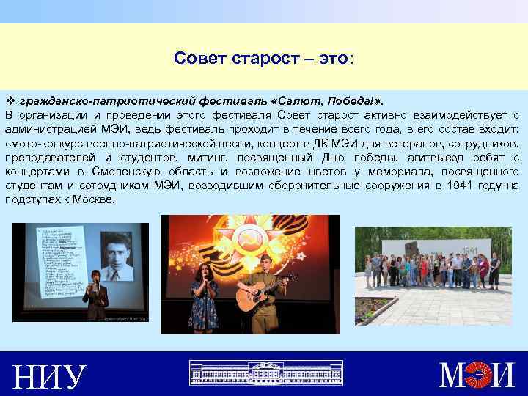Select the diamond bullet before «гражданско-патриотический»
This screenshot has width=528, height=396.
10,99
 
